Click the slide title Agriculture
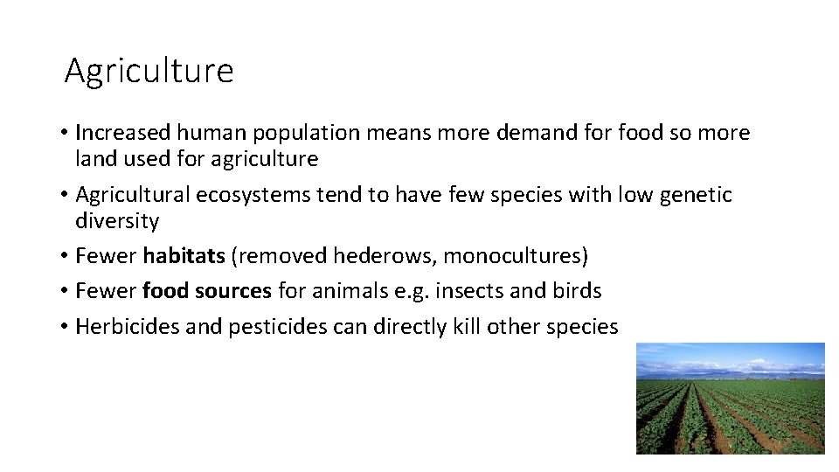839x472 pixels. [x=149, y=71]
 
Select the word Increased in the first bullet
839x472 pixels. [x=123, y=133]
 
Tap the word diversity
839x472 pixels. [x=117, y=221]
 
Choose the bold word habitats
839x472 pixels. [x=184, y=256]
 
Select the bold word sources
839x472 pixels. [x=237, y=291]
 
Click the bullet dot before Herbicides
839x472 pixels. [x=66, y=328]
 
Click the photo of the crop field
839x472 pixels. [x=730, y=398]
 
